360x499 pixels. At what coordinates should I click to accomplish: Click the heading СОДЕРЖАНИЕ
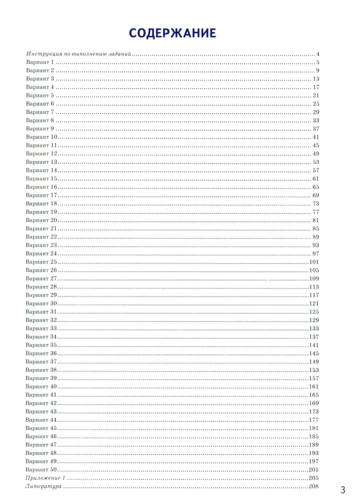[172, 33]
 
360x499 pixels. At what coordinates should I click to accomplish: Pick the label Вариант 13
[41, 162]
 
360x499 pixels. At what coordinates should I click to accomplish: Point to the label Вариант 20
[41, 220]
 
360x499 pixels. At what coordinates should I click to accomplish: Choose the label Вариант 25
[41, 262]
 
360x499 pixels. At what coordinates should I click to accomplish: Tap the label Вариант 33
[41, 328]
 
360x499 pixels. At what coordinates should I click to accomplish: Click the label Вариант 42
[41, 403]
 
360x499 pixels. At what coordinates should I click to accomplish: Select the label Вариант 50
[41, 469]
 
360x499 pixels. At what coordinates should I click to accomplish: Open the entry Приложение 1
[45, 478]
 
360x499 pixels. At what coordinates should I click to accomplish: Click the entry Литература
[43, 486]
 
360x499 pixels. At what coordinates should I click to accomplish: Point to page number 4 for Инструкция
[318, 54]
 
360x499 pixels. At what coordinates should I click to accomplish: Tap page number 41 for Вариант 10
[316, 137]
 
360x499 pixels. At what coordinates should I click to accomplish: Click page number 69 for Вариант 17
[316, 195]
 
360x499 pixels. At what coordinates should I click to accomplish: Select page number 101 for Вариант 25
[314, 262]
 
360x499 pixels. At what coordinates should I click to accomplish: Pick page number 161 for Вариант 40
[314, 387]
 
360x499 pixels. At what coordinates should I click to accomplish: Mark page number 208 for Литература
[314, 487]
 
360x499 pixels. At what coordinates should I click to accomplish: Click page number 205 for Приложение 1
[314, 478]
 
